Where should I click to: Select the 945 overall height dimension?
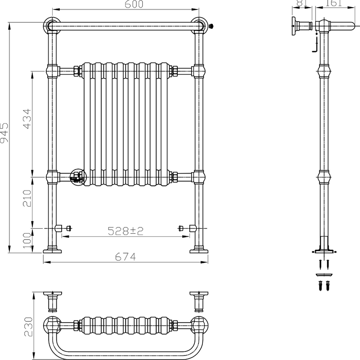[4, 133]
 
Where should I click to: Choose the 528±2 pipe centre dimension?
[126, 231]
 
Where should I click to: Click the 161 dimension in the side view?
[333, 3]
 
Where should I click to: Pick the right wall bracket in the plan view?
[198, 299]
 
